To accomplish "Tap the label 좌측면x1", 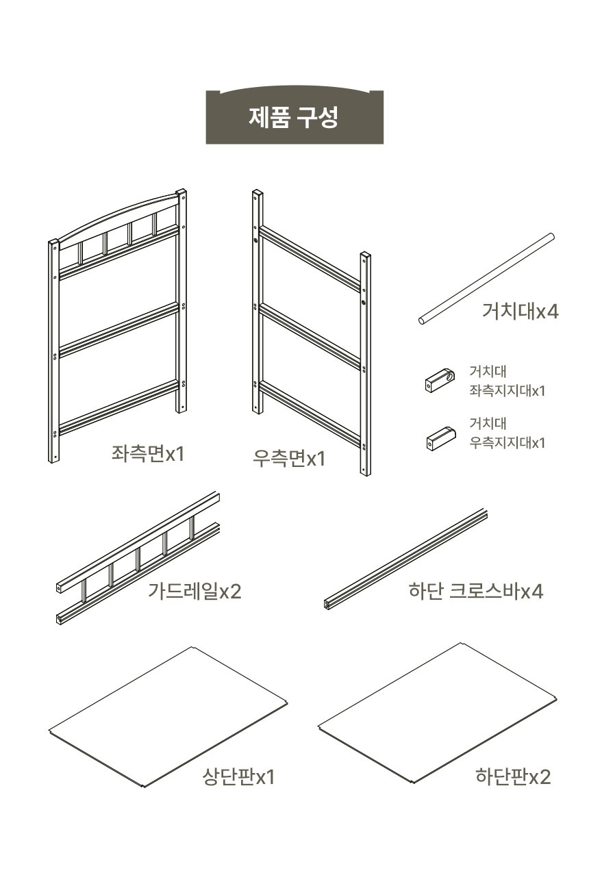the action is tap(148, 454).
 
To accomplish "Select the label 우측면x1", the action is tap(289, 458).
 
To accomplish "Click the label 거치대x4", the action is tap(520, 311).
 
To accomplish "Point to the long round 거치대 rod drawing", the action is tap(486, 279).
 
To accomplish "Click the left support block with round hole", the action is tap(440, 381).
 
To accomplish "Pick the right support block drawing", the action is tap(441, 439).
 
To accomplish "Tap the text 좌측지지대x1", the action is tap(507, 390).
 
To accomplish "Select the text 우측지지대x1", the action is tap(507, 442).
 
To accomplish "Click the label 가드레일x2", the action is tap(195, 591).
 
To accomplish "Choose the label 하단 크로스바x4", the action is tap(475, 591).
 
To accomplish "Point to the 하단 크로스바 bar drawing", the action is tap(405, 559).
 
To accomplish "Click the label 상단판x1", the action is tap(238, 776).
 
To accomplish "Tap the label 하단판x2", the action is tap(513, 776).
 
